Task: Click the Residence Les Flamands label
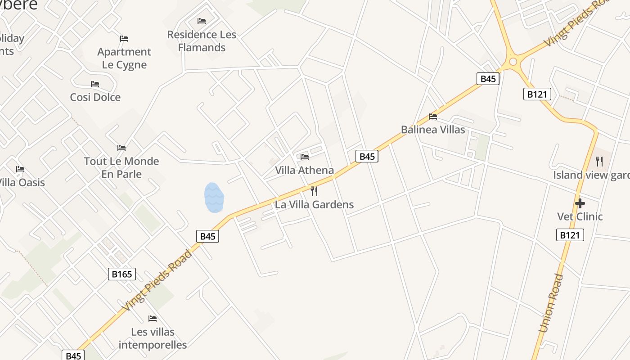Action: pos(202,41)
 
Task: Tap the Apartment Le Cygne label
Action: pos(124,58)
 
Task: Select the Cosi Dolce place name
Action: pos(95,97)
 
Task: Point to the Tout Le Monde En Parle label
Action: pos(121,167)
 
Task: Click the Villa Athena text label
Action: pos(305,170)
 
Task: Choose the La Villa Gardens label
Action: pos(314,204)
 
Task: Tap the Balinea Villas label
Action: pos(433,130)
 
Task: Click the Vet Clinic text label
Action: pos(580,216)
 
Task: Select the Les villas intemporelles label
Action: pos(153,338)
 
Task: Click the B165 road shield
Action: pos(122,274)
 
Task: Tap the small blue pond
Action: pos(214,198)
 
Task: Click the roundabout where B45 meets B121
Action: pos(513,61)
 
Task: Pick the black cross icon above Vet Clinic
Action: pos(580,203)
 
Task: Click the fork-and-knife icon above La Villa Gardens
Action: pos(314,191)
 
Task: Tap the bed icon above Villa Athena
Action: pos(305,157)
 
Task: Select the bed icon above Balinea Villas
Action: pos(433,117)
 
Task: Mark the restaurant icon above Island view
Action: pos(599,161)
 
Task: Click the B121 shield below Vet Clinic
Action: pos(570,235)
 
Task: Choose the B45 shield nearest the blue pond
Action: pos(207,236)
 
